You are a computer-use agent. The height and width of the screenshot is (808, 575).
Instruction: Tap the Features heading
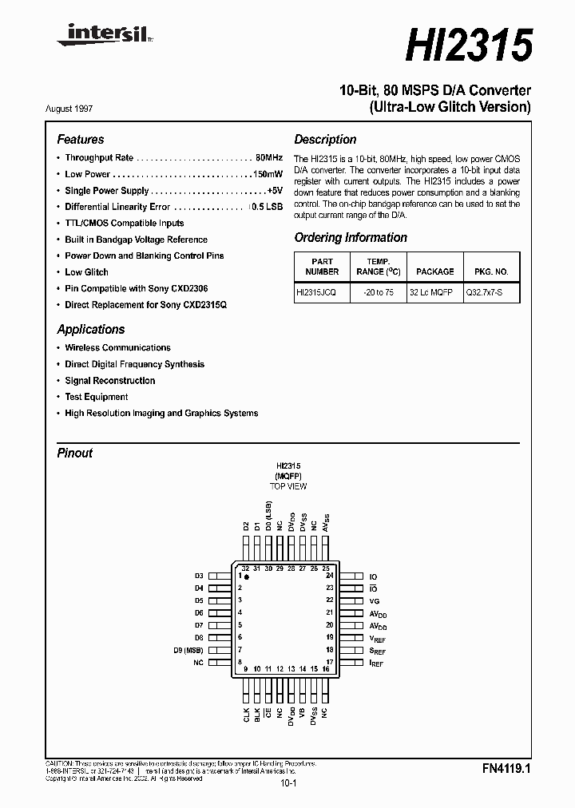pyautogui.click(x=81, y=140)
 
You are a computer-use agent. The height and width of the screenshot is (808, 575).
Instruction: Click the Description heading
pyautogui.click(x=325, y=140)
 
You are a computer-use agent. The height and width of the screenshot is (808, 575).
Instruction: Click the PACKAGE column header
pyautogui.click(x=434, y=271)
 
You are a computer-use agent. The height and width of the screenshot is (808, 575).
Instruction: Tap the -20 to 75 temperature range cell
pyautogui.click(x=378, y=293)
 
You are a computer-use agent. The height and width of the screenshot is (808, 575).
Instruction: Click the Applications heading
pyautogui.click(x=91, y=329)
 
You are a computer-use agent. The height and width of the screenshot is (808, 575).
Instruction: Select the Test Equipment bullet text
pyautogui.click(x=97, y=397)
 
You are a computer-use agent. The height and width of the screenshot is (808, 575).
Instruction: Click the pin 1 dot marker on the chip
pyautogui.click(x=248, y=576)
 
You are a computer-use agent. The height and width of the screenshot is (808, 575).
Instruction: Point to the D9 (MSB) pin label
pyautogui.click(x=188, y=650)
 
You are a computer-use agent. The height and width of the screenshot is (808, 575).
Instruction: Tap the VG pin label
pyautogui.click(x=374, y=600)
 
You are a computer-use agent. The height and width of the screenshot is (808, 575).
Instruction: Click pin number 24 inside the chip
pyautogui.click(x=329, y=575)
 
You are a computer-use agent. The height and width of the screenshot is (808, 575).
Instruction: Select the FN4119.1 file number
pyautogui.click(x=506, y=769)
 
